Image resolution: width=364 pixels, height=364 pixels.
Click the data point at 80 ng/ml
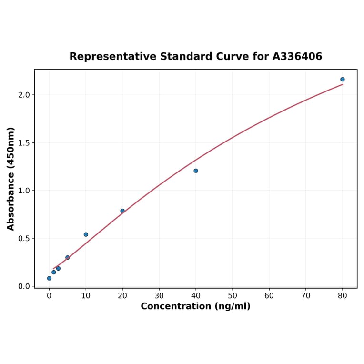tap(342, 80)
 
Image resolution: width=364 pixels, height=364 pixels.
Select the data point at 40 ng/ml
tap(196, 171)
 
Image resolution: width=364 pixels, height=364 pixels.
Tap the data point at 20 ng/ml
tap(122, 211)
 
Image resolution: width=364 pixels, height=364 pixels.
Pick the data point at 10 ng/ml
tap(86, 234)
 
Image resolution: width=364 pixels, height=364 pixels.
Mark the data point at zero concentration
tap(49, 278)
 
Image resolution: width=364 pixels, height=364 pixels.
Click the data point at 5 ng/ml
tap(68, 257)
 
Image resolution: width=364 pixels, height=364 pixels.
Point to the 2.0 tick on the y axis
tap(24, 95)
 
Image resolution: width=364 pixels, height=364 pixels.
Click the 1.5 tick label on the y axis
tap(24, 143)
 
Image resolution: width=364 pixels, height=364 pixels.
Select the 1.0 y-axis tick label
tap(24, 191)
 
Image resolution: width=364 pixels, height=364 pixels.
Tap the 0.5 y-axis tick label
tap(24, 239)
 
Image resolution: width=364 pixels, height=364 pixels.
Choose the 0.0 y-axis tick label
tap(24, 286)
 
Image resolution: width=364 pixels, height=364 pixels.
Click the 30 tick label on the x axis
tap(159, 296)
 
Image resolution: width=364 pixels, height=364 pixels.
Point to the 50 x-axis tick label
tap(233, 296)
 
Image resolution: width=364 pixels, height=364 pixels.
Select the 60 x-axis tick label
tap(269, 296)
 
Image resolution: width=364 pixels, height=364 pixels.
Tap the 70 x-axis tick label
tap(306, 296)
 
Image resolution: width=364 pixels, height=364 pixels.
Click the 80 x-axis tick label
tap(343, 296)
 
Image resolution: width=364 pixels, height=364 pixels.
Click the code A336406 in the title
tap(297, 57)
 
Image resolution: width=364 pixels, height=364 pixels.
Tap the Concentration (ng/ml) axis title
tap(195, 306)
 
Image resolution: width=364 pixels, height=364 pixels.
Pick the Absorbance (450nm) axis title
tap(11, 179)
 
